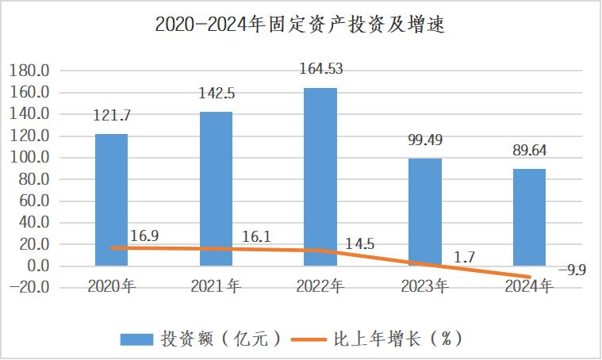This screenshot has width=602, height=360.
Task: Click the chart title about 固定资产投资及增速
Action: point(300,24)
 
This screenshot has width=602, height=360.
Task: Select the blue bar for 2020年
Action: point(111,198)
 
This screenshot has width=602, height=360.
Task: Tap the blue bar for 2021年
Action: point(216,189)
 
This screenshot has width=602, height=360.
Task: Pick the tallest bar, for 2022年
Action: point(320,176)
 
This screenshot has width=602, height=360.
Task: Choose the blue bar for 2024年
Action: point(529,216)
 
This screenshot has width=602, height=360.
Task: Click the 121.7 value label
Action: point(112,116)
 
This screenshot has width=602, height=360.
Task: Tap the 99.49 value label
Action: point(425,140)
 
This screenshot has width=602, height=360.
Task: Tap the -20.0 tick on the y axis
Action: point(31,287)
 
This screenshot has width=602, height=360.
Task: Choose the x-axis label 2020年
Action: point(112,286)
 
